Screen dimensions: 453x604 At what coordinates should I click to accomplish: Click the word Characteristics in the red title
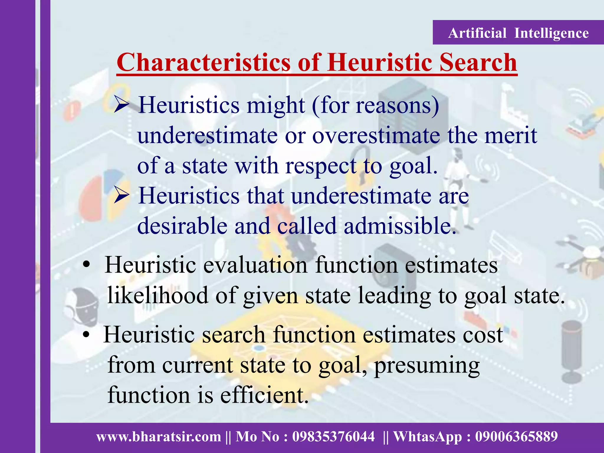tap(203, 63)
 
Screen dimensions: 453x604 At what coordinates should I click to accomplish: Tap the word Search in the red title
tap(478, 63)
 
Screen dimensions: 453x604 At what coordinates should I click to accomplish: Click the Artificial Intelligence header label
tap(518, 33)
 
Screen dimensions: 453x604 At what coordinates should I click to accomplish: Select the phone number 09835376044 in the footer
tap(333, 436)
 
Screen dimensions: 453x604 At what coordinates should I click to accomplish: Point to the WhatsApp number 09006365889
tap(516, 436)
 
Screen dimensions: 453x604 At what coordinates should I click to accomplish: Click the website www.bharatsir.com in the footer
tap(159, 436)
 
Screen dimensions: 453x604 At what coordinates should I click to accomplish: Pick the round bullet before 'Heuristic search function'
tap(86, 335)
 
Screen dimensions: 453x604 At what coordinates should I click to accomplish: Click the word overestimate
tap(376, 136)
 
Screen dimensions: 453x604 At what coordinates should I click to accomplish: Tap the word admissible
tap(400, 226)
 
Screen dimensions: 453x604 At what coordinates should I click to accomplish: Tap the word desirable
tap(182, 226)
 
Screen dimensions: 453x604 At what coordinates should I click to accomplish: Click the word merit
tap(511, 136)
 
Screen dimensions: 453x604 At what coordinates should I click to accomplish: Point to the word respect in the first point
tap(321, 166)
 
